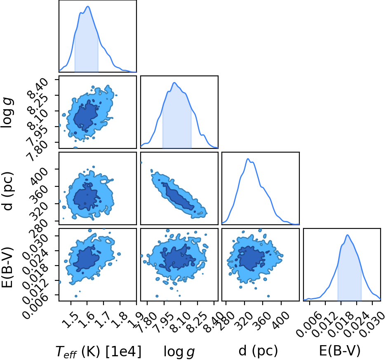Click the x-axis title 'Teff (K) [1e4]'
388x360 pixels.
99,351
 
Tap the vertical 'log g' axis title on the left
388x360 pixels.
7,113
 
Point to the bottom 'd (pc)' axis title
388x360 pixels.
258,351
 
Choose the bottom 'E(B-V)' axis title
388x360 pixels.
340,351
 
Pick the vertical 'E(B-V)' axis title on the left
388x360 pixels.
7,267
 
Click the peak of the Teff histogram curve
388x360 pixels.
88,7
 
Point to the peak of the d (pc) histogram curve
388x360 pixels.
248,159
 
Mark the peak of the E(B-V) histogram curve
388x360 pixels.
348,235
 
